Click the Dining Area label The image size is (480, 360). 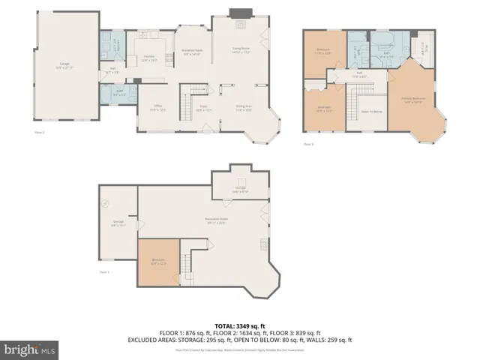click(x=244, y=107)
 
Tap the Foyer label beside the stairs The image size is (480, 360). click(x=202, y=107)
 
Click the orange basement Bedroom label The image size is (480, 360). click(x=159, y=262)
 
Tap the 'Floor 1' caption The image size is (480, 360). click(x=103, y=272)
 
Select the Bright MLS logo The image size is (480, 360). click(x=30, y=349)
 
